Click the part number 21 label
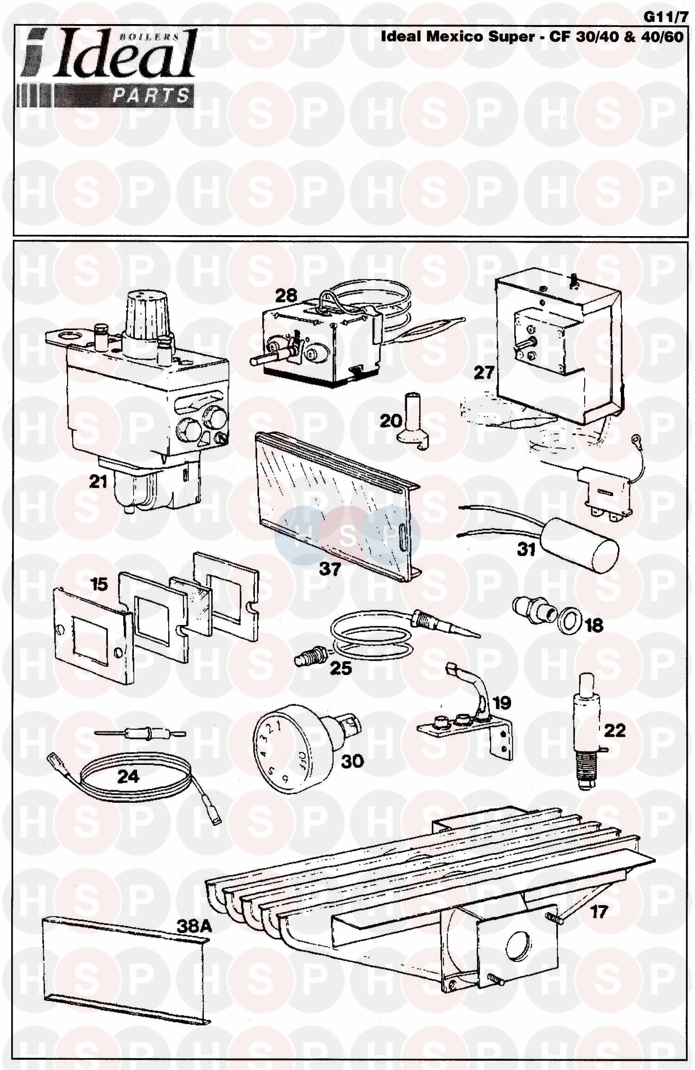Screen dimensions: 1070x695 98,482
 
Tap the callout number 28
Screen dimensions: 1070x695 286,295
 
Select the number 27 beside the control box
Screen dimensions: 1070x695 484,372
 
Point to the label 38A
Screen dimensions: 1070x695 194,926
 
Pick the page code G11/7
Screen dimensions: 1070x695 663,17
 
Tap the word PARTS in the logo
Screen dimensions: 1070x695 152,96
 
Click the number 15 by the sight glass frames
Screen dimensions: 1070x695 99,584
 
